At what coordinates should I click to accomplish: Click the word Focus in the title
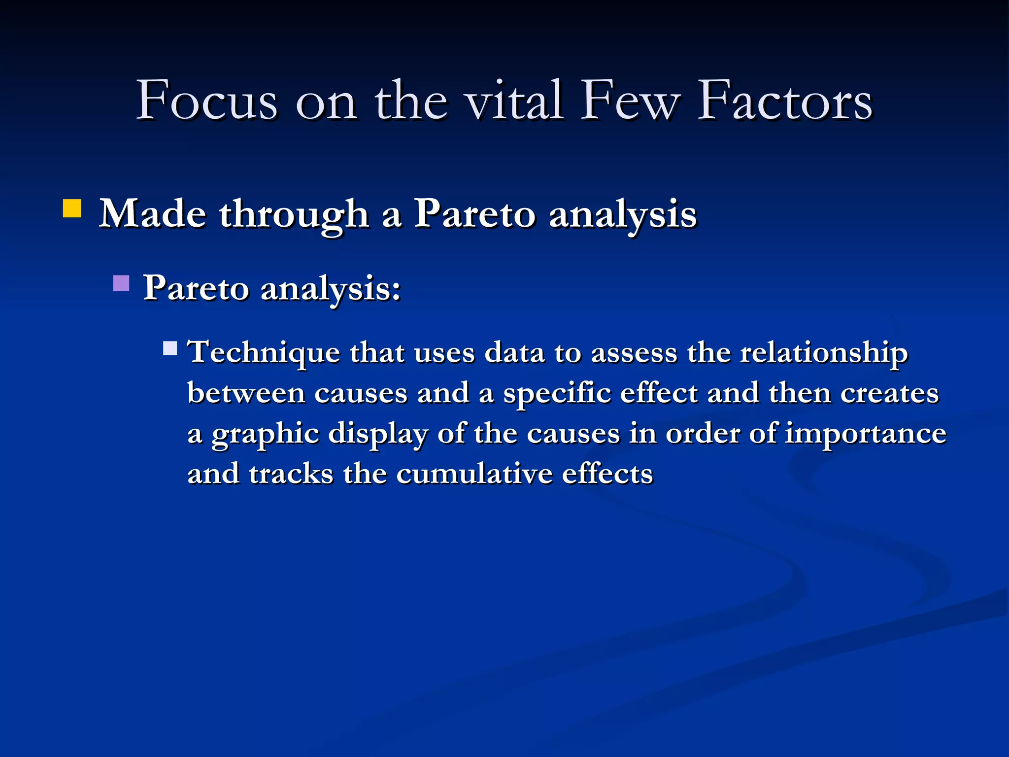(x=206, y=101)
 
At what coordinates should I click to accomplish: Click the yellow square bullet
(x=72, y=208)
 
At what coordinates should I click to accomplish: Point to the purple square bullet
(x=121, y=283)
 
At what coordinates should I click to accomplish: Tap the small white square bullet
(x=170, y=348)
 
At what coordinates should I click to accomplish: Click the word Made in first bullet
(x=153, y=214)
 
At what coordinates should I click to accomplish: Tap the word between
(x=246, y=394)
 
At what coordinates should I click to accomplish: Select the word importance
(x=865, y=434)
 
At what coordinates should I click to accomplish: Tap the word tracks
(x=291, y=475)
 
